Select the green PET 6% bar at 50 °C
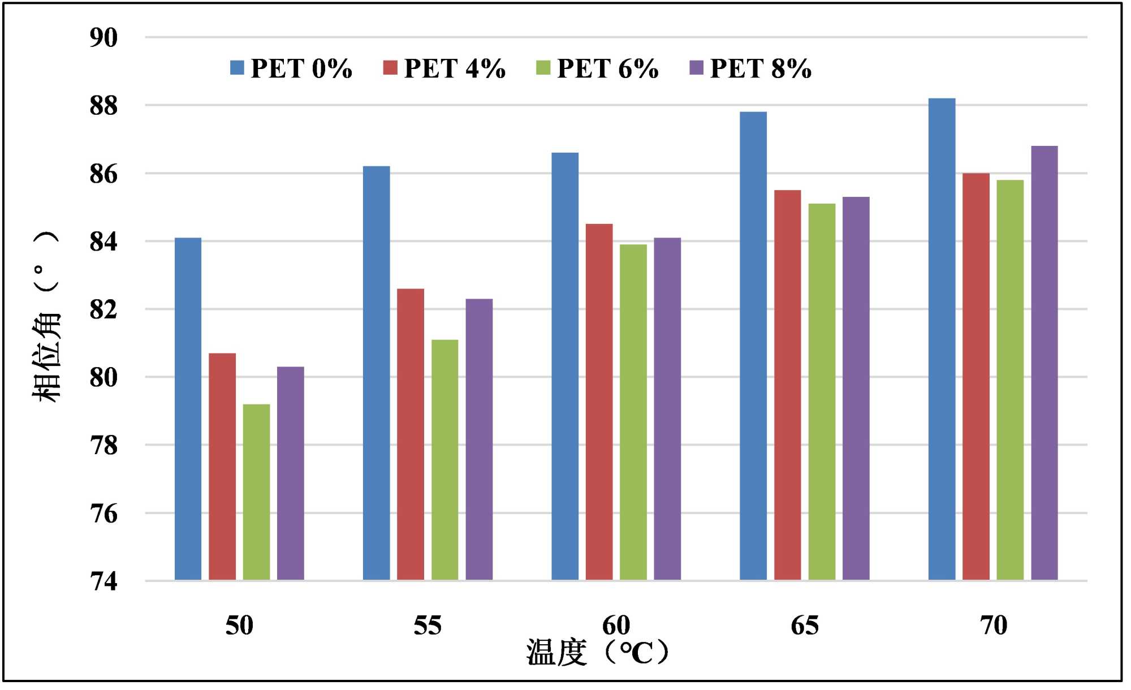[256, 492]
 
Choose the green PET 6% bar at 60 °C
[633, 412]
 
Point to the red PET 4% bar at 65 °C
[788, 385]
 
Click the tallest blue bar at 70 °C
[942, 339]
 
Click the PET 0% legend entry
[291, 68]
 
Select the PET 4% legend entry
[444, 68]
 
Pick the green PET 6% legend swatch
[543, 68]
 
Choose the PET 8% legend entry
[751, 68]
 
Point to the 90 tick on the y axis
[103, 38]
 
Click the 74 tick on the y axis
[103, 581]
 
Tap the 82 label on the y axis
[103, 310]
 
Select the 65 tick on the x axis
[804, 626]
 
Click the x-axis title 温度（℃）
[598, 653]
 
